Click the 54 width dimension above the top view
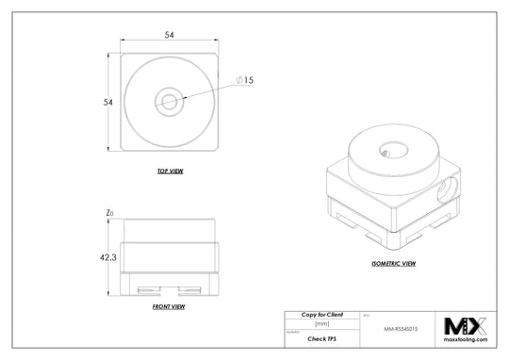(170, 35)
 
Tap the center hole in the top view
(171, 99)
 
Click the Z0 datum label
(110, 214)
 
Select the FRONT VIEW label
(168, 307)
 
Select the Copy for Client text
(321, 313)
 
